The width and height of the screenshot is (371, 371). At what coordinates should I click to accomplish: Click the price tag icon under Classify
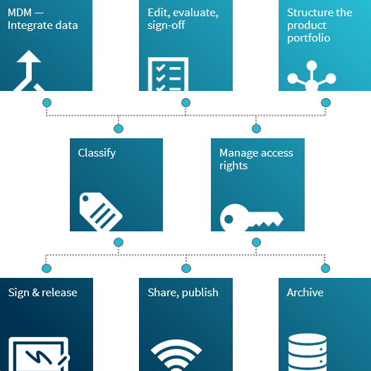[101, 212]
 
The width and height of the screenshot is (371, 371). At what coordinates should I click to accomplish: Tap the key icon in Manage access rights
[251, 217]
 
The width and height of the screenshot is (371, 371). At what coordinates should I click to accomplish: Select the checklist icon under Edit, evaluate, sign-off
[168, 74]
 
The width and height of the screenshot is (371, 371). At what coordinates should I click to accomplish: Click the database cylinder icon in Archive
[308, 352]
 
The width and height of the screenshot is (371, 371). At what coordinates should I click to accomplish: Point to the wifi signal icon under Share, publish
[176, 355]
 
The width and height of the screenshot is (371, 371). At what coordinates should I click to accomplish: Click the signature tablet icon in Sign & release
[39, 354]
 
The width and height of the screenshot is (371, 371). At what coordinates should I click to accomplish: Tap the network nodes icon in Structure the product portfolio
[312, 75]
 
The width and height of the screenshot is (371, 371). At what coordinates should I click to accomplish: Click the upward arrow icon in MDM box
[29, 71]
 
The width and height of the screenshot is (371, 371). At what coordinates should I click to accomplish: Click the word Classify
[97, 153]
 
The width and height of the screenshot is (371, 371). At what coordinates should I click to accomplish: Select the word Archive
[305, 293]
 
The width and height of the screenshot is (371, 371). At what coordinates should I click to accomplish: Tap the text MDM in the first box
[20, 13]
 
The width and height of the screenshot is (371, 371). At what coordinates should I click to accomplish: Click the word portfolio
[308, 38]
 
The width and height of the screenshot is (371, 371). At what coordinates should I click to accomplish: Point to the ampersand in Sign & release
[35, 293]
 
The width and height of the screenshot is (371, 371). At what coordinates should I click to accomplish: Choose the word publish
[200, 293]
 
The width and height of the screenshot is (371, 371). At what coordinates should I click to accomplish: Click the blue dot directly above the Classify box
[118, 128]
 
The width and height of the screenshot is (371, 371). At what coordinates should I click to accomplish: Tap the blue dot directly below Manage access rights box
[256, 243]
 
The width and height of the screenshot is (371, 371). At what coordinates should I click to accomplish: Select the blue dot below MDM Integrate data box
[47, 103]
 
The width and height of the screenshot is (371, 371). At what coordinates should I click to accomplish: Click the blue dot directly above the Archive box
[326, 268]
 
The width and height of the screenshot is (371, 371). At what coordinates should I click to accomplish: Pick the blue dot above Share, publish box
[186, 268]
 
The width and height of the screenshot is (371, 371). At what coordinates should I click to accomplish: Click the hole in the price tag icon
[85, 198]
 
